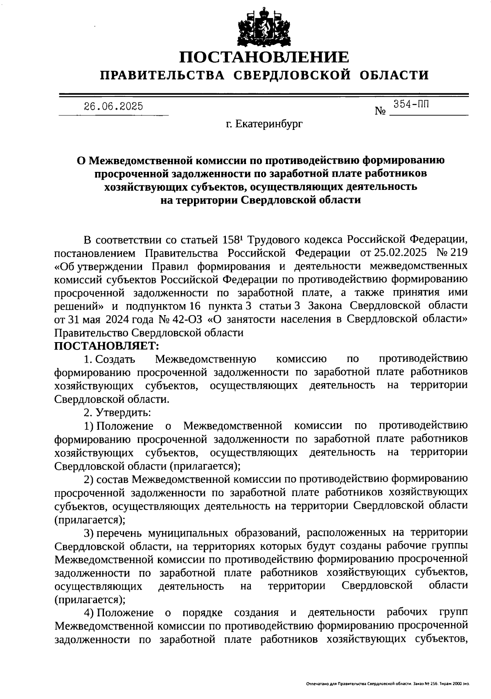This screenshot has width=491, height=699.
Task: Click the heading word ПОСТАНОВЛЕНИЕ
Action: pyautogui.click(x=265, y=57)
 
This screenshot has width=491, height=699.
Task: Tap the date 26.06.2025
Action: pyautogui.click(x=113, y=107)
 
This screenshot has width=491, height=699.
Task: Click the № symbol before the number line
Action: pyautogui.click(x=381, y=111)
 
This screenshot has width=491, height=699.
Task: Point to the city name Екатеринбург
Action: pyautogui.click(x=270, y=123)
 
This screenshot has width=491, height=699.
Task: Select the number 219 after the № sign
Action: pyautogui.click(x=459, y=253)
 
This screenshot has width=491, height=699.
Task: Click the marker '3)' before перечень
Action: pyautogui.click(x=89, y=533)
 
